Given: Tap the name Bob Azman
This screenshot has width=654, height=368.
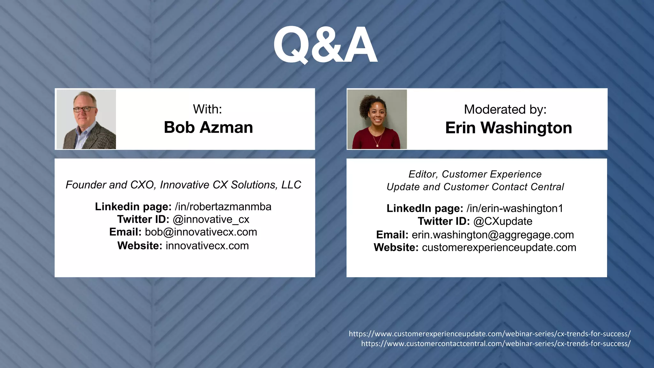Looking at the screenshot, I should click(x=208, y=127).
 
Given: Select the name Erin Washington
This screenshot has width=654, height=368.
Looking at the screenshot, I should click(x=508, y=128).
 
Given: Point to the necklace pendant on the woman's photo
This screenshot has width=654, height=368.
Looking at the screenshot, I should click(x=377, y=145).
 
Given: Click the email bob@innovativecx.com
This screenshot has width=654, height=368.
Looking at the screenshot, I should click(x=201, y=232).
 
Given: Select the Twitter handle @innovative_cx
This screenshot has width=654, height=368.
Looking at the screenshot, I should click(x=211, y=219).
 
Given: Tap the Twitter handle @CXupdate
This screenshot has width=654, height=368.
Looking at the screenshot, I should click(x=503, y=221).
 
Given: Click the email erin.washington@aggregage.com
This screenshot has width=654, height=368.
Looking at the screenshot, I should click(x=492, y=235).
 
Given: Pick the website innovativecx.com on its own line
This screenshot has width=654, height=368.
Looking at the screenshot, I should click(x=207, y=246).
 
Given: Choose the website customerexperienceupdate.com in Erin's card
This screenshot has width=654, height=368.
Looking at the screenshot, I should click(x=499, y=248).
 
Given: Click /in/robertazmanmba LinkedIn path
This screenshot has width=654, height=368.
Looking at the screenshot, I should click(x=223, y=207).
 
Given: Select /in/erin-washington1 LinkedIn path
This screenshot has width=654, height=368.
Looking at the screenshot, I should click(x=514, y=208).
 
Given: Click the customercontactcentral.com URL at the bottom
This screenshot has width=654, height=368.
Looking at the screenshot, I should click(x=496, y=344).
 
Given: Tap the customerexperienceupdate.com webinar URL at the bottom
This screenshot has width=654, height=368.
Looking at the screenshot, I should click(x=489, y=334).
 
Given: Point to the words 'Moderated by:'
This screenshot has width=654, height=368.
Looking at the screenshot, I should click(x=505, y=110).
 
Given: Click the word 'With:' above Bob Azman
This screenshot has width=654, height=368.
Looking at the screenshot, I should click(x=207, y=109).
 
